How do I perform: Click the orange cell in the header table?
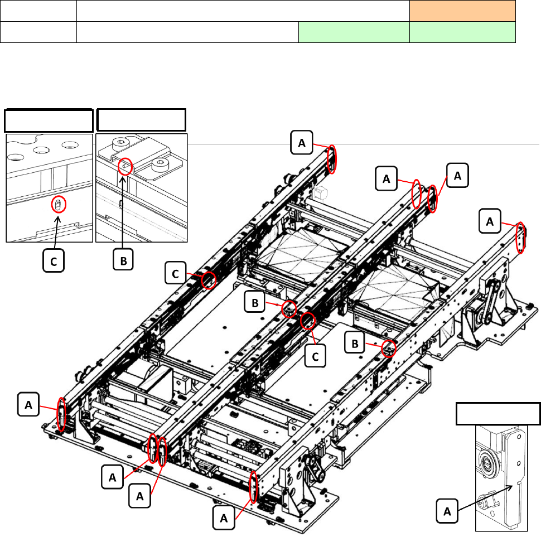(462, 11)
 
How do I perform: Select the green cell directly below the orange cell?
(462, 32)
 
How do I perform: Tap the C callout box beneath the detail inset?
(54, 261)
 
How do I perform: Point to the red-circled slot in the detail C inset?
(59, 205)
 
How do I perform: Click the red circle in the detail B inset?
(125, 167)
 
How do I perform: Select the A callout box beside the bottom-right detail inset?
(447, 511)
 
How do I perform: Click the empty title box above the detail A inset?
(498, 414)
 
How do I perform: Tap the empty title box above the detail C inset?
(49, 120)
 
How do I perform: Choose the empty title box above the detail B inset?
(142, 120)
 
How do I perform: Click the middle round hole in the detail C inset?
(42, 151)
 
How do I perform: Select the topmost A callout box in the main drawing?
(302, 142)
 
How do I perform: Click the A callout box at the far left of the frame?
(28, 404)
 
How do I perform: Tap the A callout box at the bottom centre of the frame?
(224, 517)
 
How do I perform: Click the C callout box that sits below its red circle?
(315, 356)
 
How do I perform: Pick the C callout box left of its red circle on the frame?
(175, 273)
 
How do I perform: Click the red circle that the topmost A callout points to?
(332, 159)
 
